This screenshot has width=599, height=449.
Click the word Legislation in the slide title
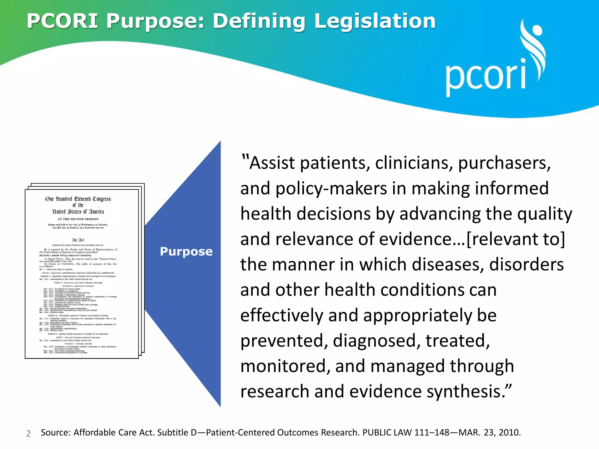(375, 21)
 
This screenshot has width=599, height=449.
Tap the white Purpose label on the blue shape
(186, 252)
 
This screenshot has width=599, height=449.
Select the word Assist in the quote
(272, 163)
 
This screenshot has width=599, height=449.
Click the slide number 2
(28, 434)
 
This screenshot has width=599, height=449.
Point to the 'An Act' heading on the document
(78, 240)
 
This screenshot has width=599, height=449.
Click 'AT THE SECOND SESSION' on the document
(78, 219)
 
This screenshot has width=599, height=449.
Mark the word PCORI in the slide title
(62, 21)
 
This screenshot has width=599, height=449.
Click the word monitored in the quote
(283, 366)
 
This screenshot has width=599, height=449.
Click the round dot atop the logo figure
(537, 30)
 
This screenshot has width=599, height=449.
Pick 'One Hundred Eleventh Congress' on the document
(78, 199)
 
